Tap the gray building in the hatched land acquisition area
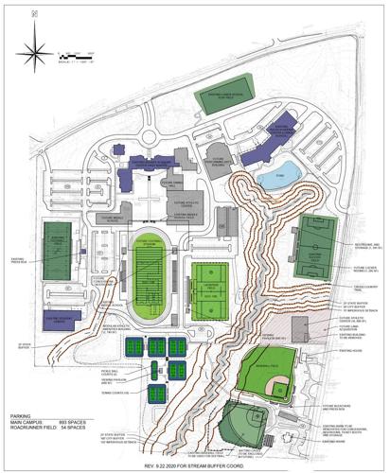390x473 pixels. pyautogui.click(x=300, y=328)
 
